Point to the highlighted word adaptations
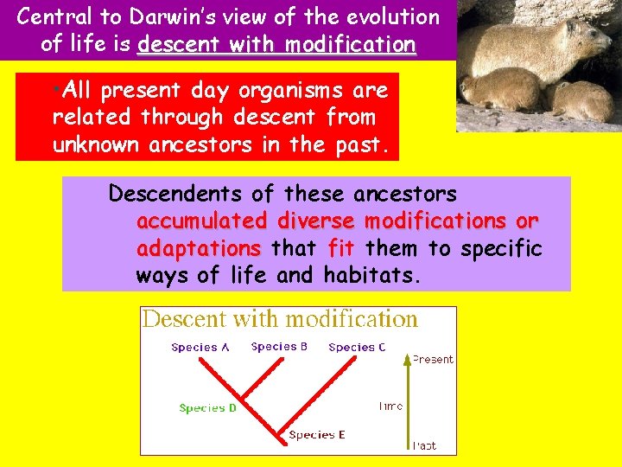198,249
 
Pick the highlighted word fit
341,249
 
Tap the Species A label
200,348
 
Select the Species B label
279,347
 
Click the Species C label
357,348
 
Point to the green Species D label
207,408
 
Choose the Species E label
317,435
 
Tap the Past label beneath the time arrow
424,446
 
